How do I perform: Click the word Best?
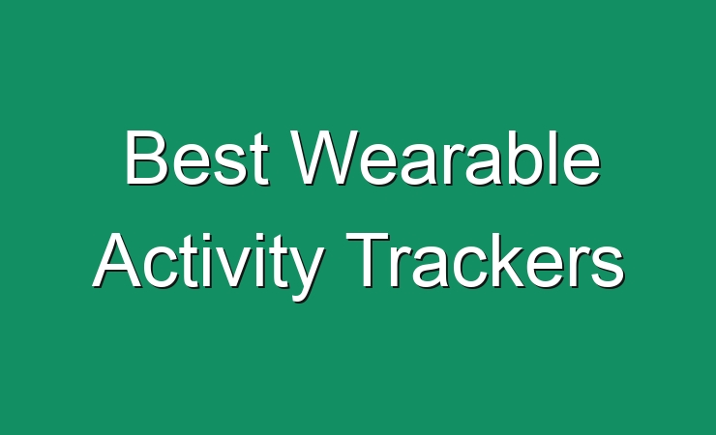tap(196, 158)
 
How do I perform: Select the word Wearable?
tap(445, 158)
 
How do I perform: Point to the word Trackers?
tap(485, 260)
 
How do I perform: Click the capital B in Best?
tap(145, 158)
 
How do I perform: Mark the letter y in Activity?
tap(306, 274)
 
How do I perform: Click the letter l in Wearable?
tap(555, 158)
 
